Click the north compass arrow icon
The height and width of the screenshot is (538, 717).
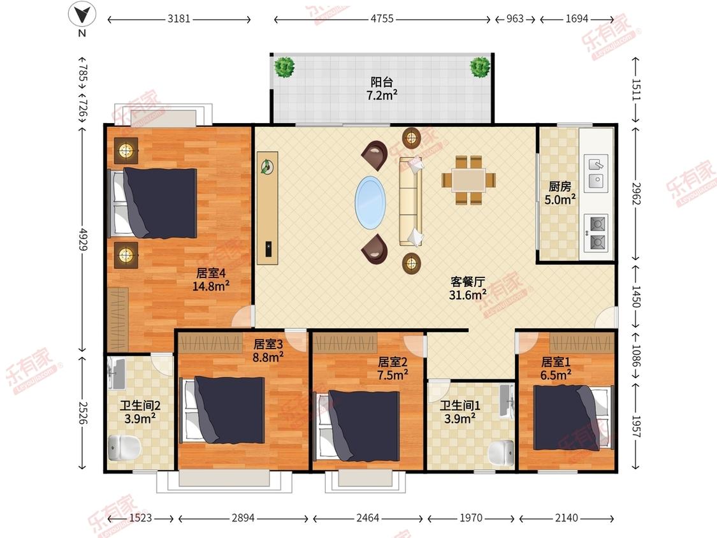(x=82, y=15)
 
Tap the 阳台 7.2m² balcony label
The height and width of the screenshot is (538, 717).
(x=382, y=89)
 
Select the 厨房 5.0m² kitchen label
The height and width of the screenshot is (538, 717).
(x=560, y=193)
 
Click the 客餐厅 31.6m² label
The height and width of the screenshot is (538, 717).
(x=467, y=288)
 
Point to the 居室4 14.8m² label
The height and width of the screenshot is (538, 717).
(x=211, y=280)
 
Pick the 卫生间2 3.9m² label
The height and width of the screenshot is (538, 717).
(x=140, y=412)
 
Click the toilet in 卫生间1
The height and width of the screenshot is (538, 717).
(x=501, y=453)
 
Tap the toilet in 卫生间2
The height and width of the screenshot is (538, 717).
(x=124, y=448)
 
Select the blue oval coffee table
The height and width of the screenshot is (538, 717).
(x=370, y=202)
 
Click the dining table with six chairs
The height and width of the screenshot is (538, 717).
(x=468, y=180)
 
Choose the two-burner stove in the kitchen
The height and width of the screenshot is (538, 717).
(x=596, y=233)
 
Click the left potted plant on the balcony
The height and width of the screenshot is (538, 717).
(x=284, y=68)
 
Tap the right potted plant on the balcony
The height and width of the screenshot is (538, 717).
(x=480, y=68)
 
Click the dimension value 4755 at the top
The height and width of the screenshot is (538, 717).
(x=382, y=18)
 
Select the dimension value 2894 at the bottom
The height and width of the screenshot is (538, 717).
(x=243, y=518)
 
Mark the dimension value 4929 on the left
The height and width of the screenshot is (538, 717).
(x=83, y=239)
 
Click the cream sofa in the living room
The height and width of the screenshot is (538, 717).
(x=411, y=201)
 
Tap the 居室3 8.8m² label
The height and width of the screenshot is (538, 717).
(x=268, y=351)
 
